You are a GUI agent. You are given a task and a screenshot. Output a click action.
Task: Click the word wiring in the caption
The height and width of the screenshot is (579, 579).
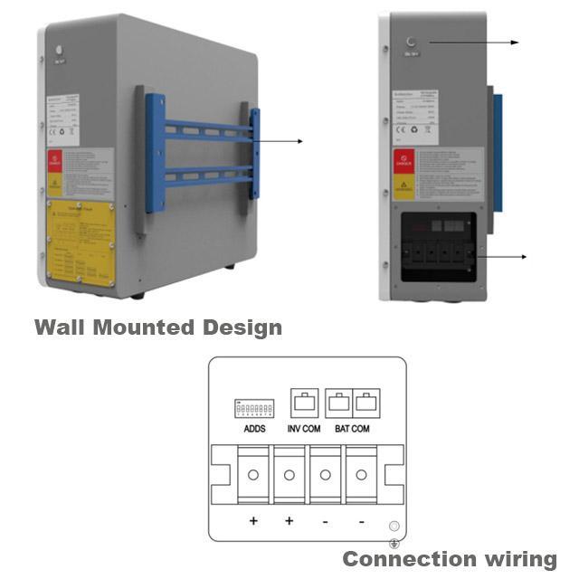point(519,559)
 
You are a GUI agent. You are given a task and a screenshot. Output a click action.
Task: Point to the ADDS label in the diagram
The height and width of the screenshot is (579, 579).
point(254,428)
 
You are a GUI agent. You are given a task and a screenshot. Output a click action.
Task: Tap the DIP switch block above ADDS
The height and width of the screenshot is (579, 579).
point(254,409)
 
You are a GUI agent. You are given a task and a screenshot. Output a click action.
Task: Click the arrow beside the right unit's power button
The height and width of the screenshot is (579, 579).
point(475,43)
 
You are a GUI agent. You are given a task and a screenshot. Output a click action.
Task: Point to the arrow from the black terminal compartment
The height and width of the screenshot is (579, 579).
point(502,257)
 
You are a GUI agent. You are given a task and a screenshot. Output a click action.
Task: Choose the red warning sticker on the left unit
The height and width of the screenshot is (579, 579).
point(55,163)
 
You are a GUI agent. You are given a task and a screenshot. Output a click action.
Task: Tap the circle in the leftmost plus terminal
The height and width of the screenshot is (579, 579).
point(253,474)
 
